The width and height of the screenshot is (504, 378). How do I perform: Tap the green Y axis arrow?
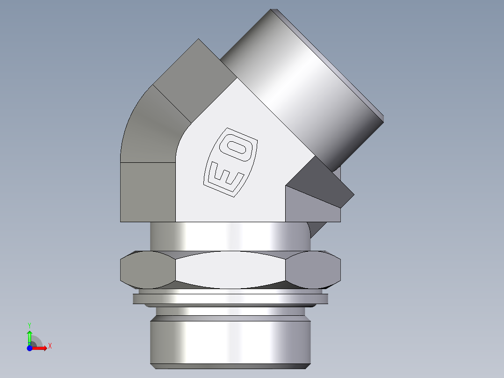(x=29, y=336)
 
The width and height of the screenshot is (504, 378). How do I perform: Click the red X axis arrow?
(x=41, y=348)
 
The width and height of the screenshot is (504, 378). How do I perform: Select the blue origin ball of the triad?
(x=29, y=348)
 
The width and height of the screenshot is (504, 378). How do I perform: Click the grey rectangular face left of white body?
(x=147, y=192)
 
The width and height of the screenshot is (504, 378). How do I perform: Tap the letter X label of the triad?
(x=50, y=346)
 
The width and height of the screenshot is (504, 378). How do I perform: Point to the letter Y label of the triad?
(x=29, y=325)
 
